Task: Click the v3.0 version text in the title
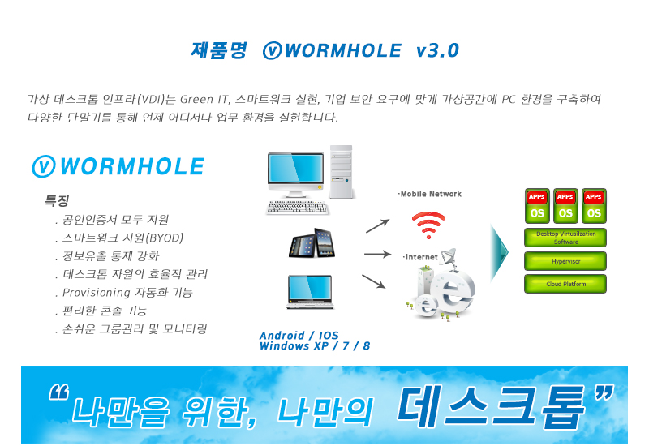tap(437, 50)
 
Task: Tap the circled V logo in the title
tap(272, 50)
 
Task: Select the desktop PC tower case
tap(341, 172)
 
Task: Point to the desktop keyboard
tap(297, 208)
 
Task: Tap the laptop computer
tap(310, 292)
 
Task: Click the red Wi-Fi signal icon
tap(428, 225)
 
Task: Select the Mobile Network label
tap(430, 194)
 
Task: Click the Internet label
tap(420, 257)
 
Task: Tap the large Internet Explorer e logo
tap(453, 292)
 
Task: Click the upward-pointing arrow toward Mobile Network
tap(377, 225)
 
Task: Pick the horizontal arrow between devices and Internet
tap(377, 254)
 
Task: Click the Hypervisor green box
tap(565, 261)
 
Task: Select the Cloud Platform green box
tap(565, 284)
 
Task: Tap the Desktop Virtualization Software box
tap(565, 238)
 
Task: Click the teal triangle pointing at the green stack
tap(500, 253)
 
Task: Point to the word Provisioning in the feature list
tap(96, 293)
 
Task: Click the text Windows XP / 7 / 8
tap(315, 346)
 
